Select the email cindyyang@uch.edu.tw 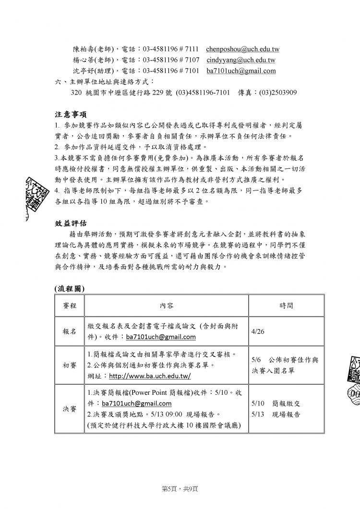point(241,60)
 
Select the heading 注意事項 point(70,115)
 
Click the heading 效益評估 point(70,224)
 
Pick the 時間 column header point(286,305)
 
